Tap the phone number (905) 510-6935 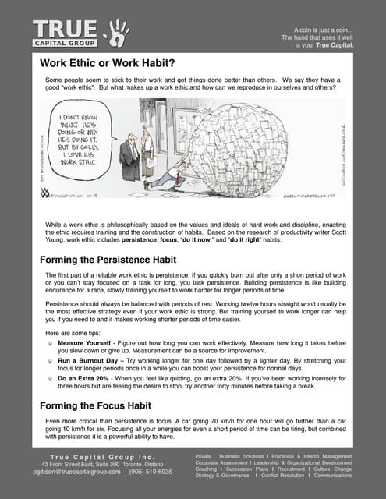pyautogui.click(x=151, y=472)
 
